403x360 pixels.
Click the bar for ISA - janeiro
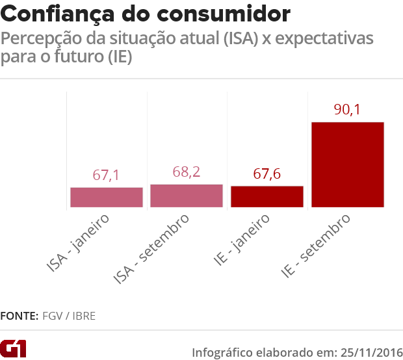(x=106, y=198)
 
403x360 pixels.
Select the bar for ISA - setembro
(x=187, y=196)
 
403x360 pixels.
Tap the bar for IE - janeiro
(x=267, y=197)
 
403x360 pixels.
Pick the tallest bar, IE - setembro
(x=348, y=165)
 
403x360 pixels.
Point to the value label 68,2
(x=187, y=173)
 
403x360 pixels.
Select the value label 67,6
(x=267, y=175)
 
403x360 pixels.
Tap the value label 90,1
(x=348, y=109)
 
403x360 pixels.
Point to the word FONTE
(x=19, y=316)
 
